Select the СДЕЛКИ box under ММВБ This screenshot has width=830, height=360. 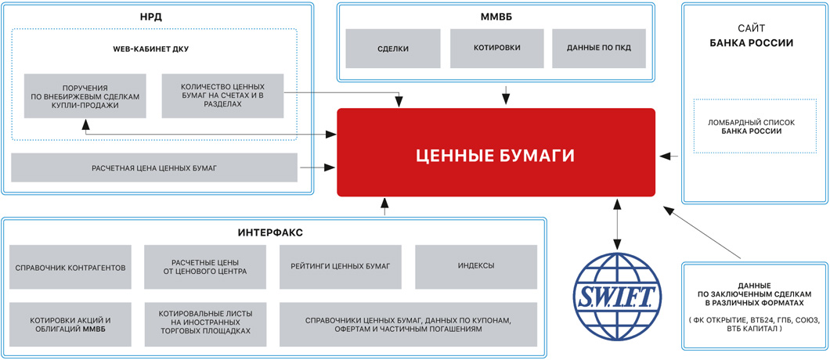click(x=392, y=49)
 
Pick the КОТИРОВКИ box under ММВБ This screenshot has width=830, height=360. click(x=496, y=49)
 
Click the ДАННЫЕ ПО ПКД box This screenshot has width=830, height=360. click(x=599, y=49)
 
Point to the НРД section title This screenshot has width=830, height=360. click(x=158, y=16)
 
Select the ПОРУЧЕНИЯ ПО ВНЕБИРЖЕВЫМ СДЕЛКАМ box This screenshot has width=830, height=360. click(x=85, y=95)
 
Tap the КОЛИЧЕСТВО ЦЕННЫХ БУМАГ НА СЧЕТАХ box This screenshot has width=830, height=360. click(x=222, y=95)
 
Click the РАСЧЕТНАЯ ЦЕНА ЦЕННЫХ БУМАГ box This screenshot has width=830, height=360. click(x=154, y=167)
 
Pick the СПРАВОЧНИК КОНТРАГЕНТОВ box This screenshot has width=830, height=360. click(x=70, y=267)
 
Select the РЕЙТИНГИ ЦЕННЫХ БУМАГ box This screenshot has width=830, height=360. click(x=340, y=267)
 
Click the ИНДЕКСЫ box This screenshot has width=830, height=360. click(x=476, y=267)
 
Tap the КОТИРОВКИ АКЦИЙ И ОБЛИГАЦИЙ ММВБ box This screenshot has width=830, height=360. click(x=70, y=324)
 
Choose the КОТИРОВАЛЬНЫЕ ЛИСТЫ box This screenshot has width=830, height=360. click(x=205, y=324)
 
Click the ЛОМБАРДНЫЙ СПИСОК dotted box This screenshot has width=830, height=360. click(x=744, y=126)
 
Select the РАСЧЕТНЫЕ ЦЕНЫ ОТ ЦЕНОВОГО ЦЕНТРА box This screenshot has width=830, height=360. click(x=205, y=267)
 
